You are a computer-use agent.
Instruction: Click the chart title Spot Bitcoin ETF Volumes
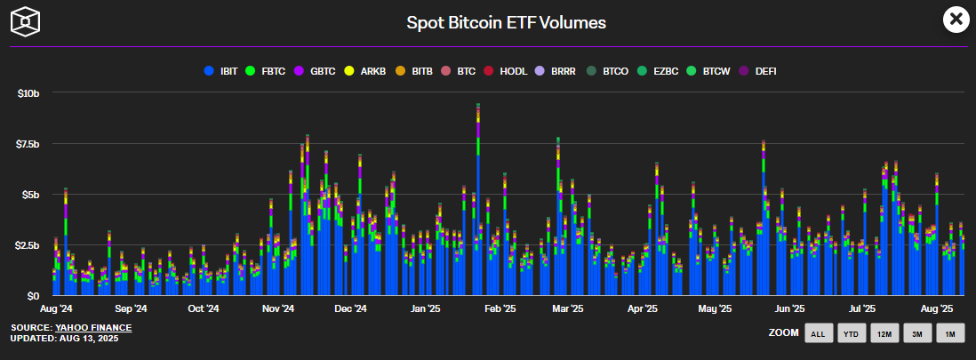[506, 22]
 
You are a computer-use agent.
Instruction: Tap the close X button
[955, 19]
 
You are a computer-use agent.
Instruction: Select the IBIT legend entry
[222, 70]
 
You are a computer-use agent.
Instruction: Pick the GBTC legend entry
[315, 70]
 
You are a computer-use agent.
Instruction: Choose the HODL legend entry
[508, 70]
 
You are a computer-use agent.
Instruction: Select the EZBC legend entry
[659, 70]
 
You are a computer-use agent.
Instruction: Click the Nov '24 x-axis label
[277, 309]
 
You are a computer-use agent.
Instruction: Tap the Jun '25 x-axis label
[788, 309]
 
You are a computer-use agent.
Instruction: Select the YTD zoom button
[852, 334]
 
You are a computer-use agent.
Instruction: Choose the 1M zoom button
[949, 334]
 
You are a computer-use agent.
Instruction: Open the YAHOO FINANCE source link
[93, 328]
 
